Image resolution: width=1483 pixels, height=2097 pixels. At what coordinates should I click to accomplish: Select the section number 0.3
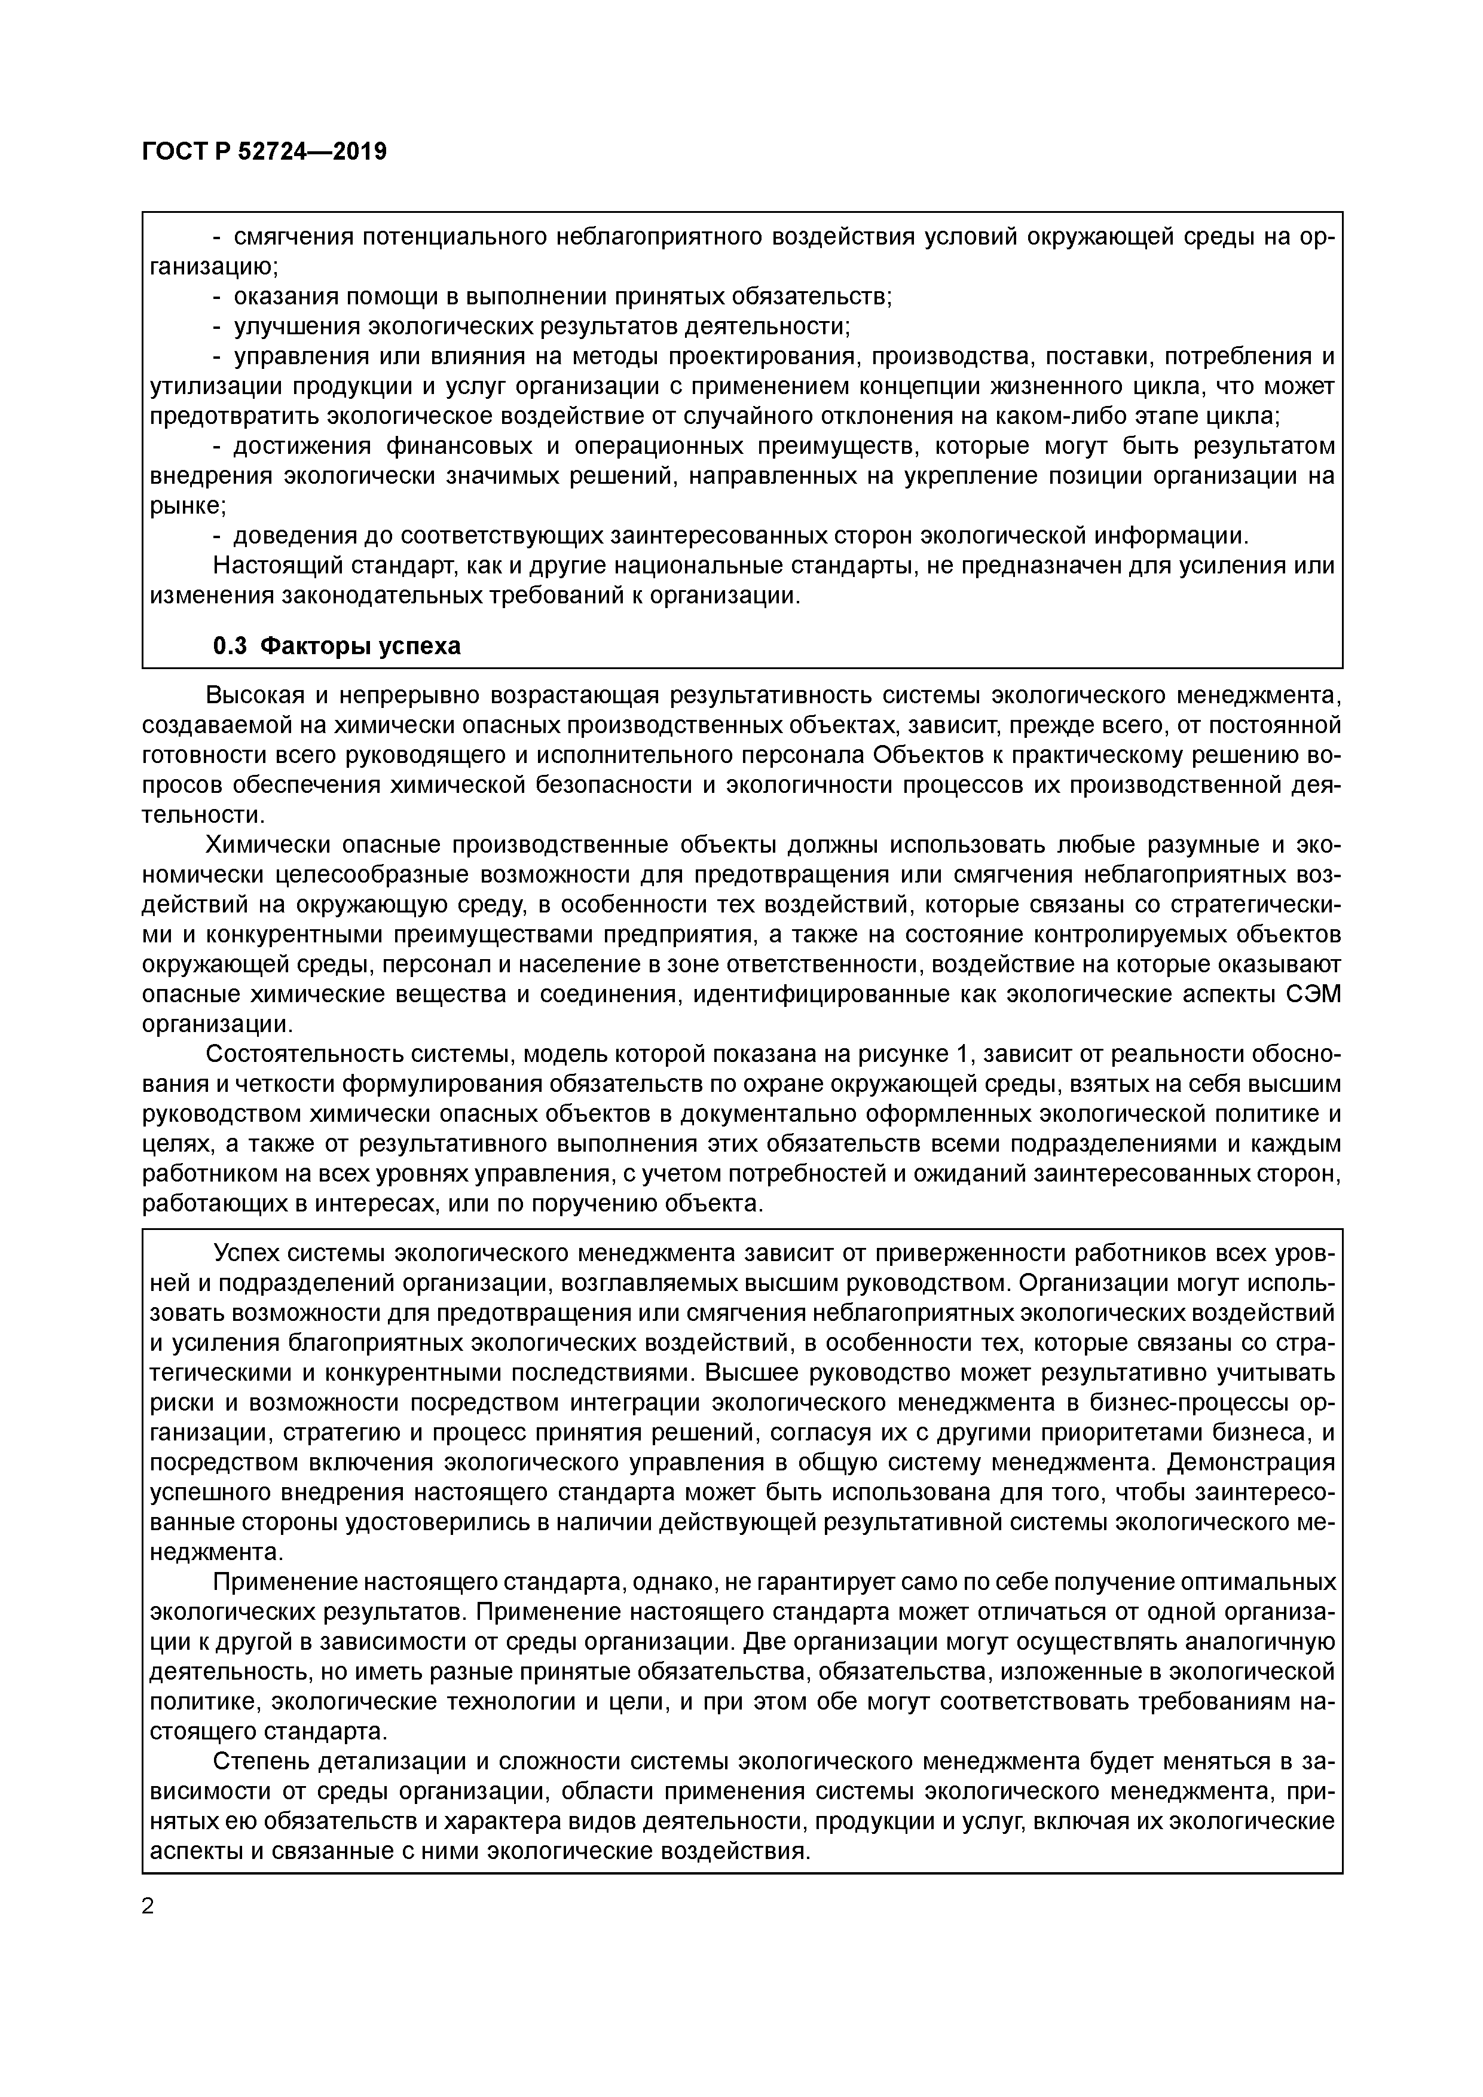tap(230, 646)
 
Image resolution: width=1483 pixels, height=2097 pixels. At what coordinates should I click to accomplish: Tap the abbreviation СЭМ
tap(1312, 994)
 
